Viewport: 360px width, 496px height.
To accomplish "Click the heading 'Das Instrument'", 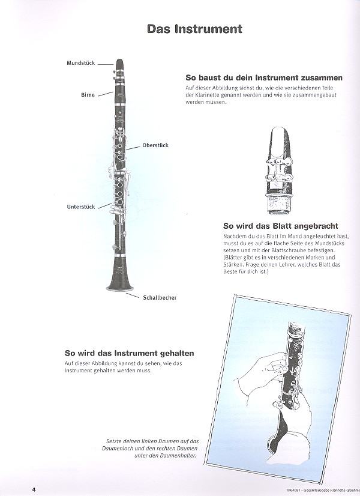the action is tap(194, 29).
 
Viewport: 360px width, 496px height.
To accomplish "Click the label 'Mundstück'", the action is tap(80, 63).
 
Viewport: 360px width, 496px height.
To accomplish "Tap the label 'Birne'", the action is tap(88, 95).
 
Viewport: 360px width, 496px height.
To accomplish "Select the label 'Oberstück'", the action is tap(155, 145).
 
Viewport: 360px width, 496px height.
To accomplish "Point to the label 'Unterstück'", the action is tap(81, 207).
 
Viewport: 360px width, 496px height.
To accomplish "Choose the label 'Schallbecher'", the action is tap(160, 298).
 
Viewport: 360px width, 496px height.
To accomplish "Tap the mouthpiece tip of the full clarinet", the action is tap(119, 60).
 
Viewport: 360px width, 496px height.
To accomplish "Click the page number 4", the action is tap(34, 489).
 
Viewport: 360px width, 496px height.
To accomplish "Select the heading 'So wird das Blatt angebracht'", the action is tap(281, 226).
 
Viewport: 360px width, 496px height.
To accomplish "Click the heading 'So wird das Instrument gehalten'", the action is tap(129, 353).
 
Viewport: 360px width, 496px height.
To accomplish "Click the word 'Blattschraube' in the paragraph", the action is tap(282, 250).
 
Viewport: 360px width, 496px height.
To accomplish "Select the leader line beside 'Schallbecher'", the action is tap(133, 295).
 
